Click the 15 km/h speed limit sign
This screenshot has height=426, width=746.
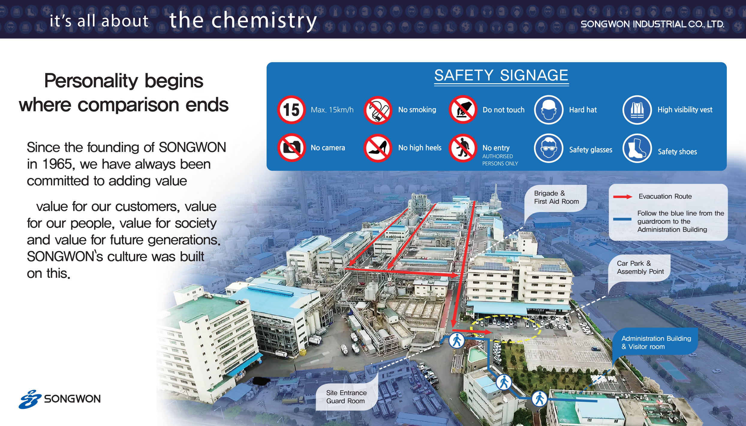pos(291,110)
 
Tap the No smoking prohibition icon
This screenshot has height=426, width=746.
pos(378,110)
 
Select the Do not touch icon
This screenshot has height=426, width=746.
pos(463,110)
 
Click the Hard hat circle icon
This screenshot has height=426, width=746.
pos(548,110)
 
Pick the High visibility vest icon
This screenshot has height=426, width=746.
pos(637,110)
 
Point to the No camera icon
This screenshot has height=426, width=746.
pos(291,148)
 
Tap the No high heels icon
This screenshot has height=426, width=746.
pos(378,148)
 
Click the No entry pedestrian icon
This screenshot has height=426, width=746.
pos(463,148)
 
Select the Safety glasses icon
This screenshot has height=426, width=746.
pos(548,148)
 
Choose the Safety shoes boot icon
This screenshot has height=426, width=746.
pos(637,148)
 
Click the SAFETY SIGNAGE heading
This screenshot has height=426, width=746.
pos(501,75)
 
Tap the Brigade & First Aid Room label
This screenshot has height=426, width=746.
pos(557,197)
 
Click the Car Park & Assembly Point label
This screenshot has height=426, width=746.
pos(640,268)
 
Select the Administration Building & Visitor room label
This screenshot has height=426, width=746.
pos(656,342)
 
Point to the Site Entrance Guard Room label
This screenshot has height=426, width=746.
pos(346,397)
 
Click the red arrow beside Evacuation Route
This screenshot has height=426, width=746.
pos(623,197)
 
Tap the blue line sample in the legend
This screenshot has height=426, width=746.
pos(622,219)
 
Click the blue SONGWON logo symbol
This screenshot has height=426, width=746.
pos(30,399)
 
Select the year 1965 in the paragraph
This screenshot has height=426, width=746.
pos(57,164)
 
